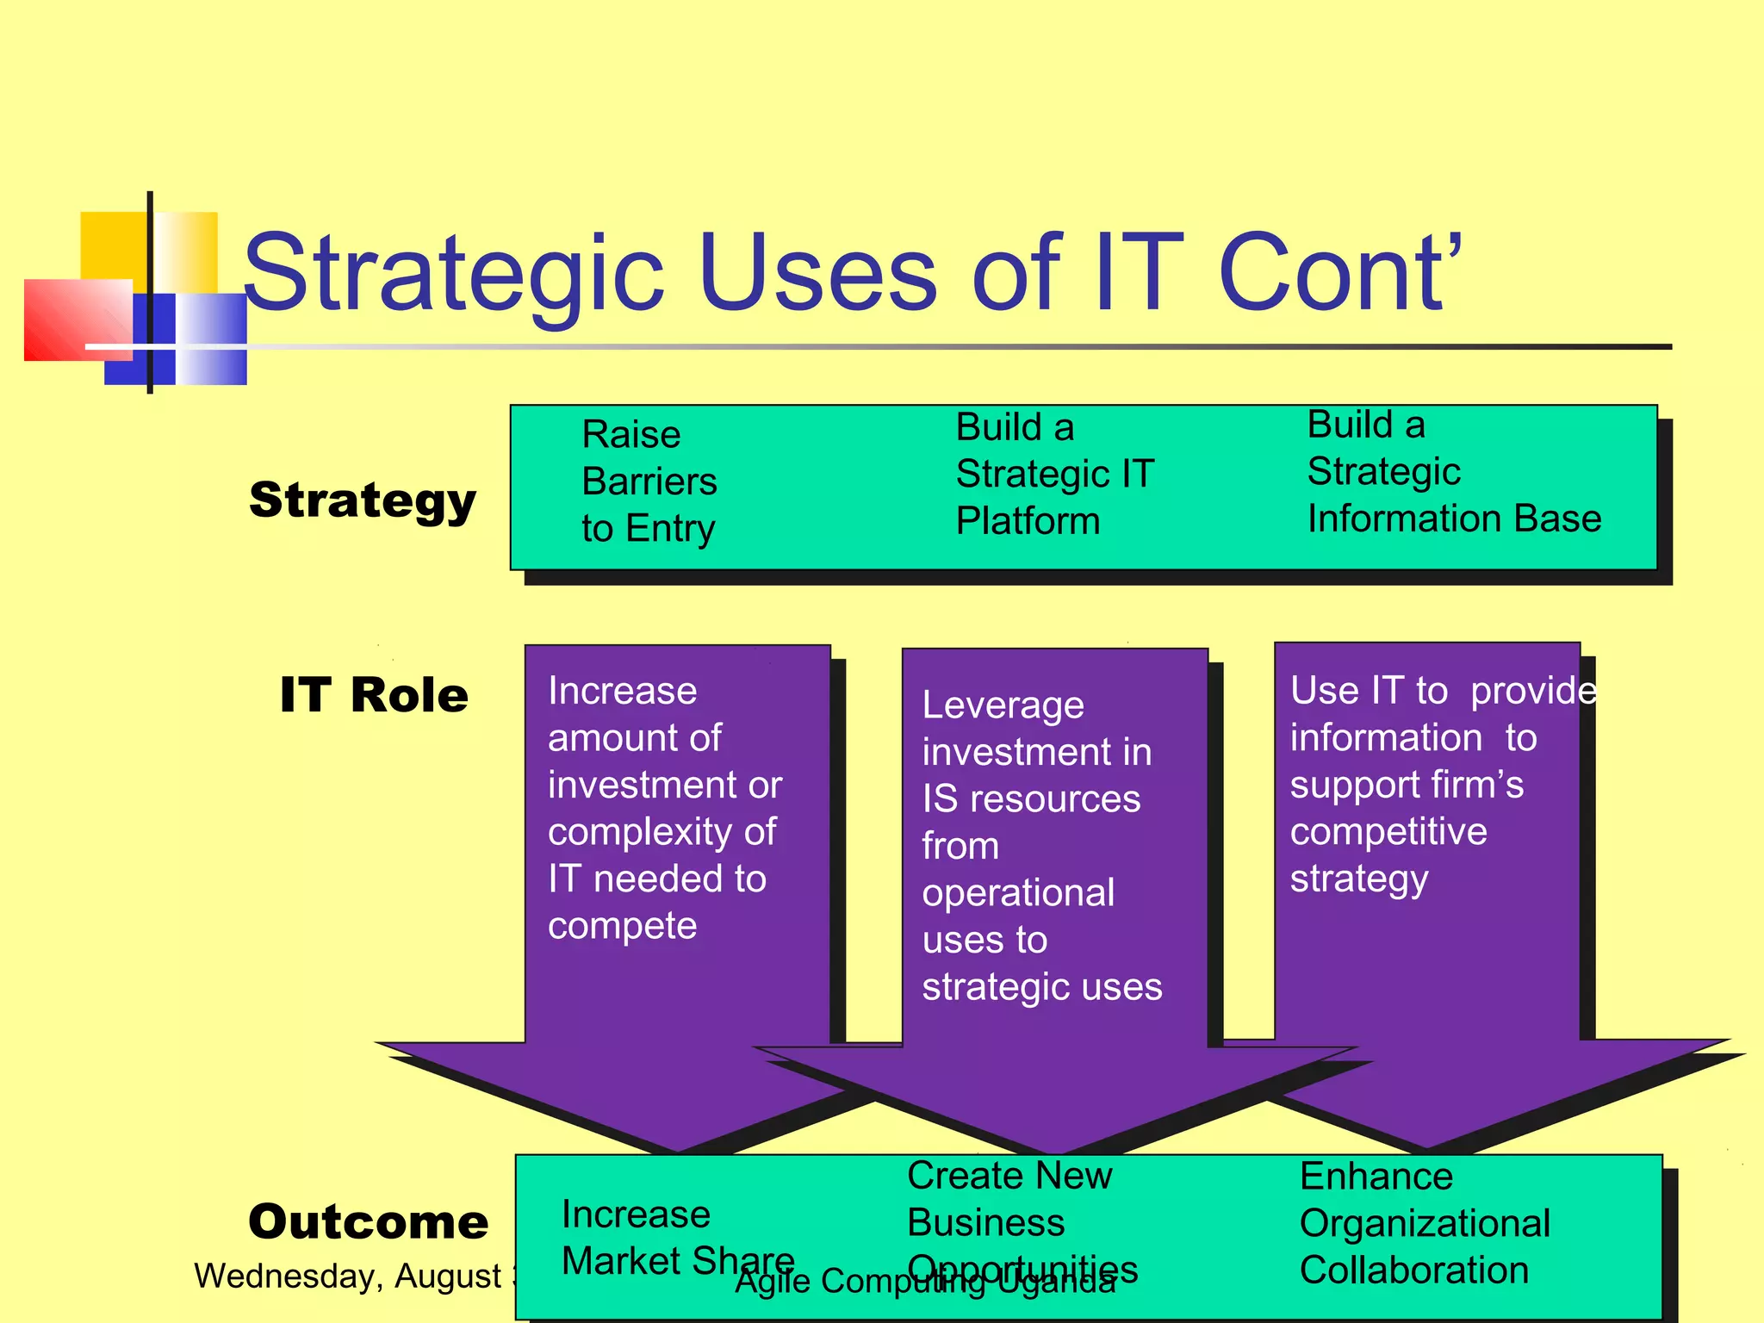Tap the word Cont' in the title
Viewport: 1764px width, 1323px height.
(x=1339, y=274)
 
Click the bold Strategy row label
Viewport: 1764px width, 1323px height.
(x=363, y=500)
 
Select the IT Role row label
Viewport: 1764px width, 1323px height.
(x=374, y=695)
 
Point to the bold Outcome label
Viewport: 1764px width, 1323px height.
(x=368, y=1221)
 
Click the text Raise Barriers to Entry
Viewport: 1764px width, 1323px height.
(x=649, y=481)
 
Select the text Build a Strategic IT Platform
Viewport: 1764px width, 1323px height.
(x=1053, y=474)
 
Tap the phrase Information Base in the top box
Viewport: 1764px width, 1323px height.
(x=1454, y=519)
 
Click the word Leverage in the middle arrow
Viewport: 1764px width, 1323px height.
(x=1003, y=705)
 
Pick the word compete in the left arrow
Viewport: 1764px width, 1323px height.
(x=622, y=926)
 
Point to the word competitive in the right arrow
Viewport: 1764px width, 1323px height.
(x=1388, y=832)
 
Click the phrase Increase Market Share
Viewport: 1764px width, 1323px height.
(x=678, y=1238)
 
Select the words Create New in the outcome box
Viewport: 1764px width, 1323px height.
(x=1009, y=1176)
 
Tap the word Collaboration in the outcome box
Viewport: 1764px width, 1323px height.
(x=1413, y=1270)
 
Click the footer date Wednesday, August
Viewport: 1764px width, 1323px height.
(x=348, y=1276)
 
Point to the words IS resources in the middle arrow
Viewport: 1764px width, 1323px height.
(x=1031, y=799)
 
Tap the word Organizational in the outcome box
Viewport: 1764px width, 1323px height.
(x=1425, y=1223)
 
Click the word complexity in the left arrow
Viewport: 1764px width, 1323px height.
(x=636, y=832)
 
